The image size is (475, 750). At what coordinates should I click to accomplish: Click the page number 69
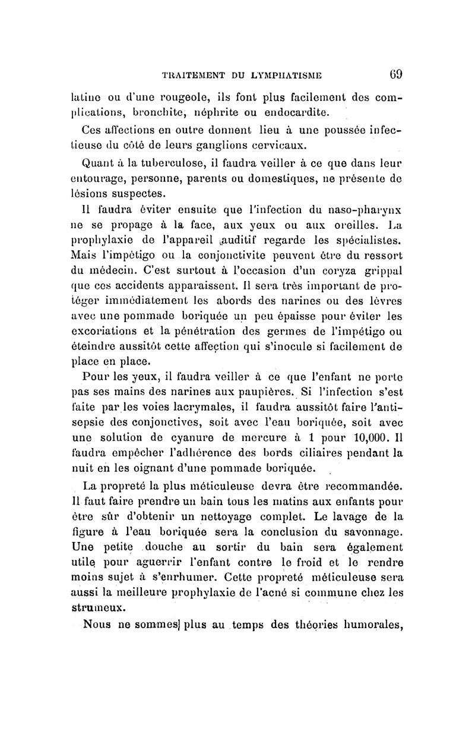[396, 75]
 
